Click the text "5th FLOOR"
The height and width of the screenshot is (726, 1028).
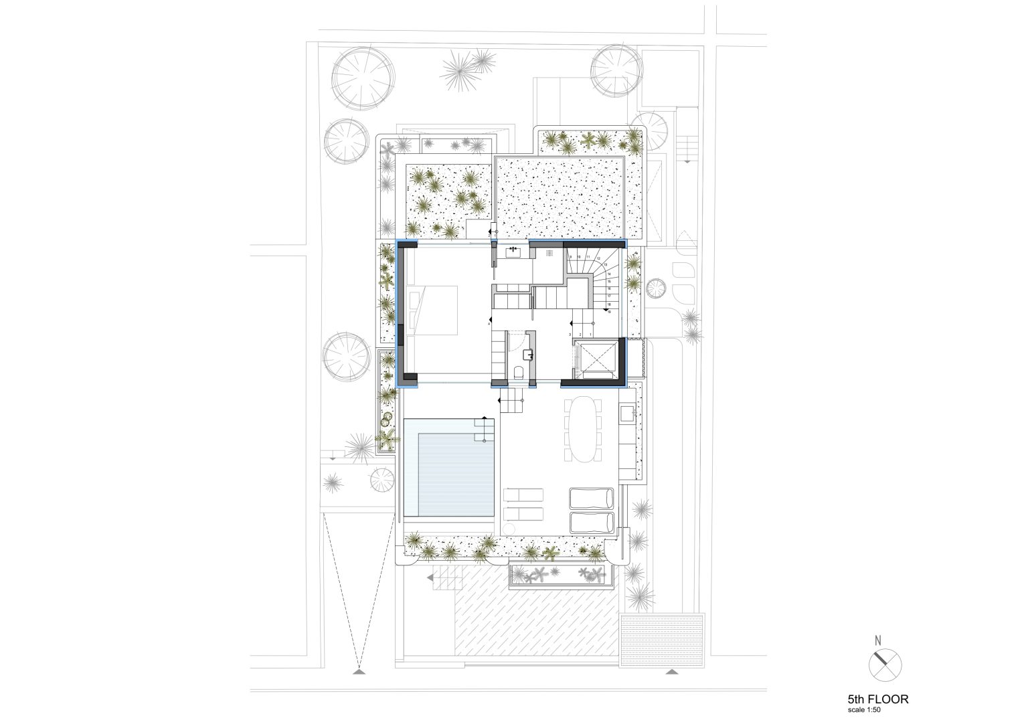(x=877, y=699)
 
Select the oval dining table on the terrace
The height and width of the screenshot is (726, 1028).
(x=584, y=429)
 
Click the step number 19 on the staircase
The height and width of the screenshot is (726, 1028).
(x=609, y=311)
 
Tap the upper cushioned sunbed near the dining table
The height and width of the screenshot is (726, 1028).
(x=590, y=498)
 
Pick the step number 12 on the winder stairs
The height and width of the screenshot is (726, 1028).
(x=599, y=258)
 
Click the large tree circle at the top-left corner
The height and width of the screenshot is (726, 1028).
(x=361, y=77)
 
